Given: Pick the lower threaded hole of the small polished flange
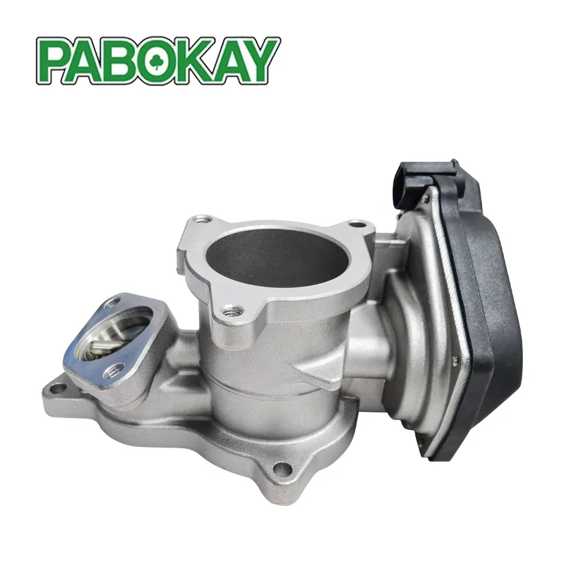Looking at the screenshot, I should (x=110, y=373).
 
